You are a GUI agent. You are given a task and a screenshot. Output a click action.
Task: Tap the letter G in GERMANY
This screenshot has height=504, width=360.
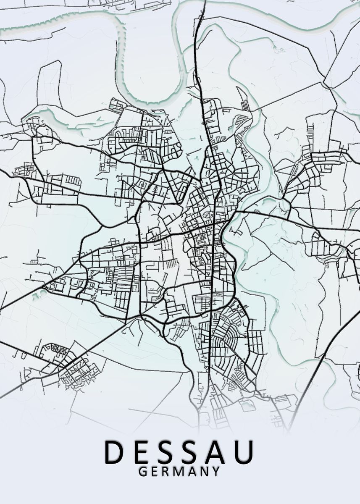[142, 472]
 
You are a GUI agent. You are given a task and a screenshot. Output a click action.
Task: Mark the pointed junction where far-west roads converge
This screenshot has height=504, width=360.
[44, 288]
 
